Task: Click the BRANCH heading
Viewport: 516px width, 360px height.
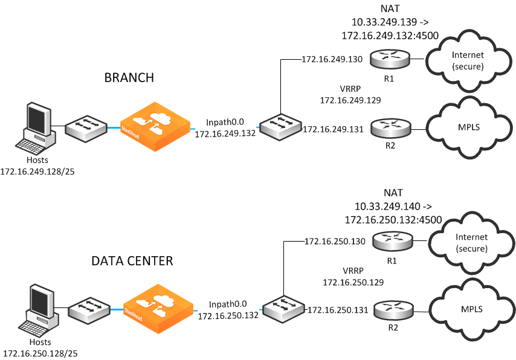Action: click(x=129, y=77)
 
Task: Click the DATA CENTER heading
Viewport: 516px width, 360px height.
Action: click(x=132, y=261)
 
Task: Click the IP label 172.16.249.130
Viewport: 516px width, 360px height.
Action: click(x=332, y=59)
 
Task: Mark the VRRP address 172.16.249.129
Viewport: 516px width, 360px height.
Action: click(x=350, y=99)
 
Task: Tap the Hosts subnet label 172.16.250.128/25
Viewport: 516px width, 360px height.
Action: click(x=40, y=353)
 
